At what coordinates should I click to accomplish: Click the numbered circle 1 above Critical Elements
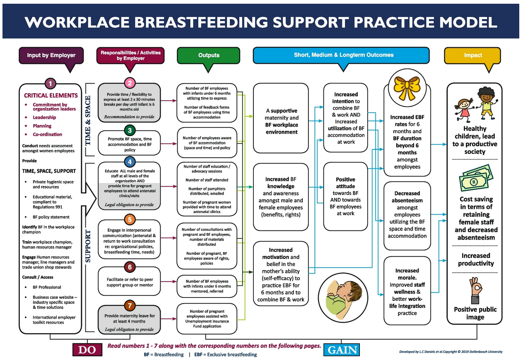[50, 84]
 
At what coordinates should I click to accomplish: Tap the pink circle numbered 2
[130, 84]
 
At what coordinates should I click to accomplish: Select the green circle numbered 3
[130, 131]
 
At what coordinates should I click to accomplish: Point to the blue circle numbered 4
[130, 162]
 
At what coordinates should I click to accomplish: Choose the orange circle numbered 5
[130, 219]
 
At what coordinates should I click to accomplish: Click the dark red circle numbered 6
[130, 267]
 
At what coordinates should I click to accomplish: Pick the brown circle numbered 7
[130, 306]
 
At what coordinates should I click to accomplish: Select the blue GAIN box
[342, 350]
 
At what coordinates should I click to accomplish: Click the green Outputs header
[208, 55]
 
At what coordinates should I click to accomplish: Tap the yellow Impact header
[473, 55]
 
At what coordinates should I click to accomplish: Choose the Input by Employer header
[51, 55]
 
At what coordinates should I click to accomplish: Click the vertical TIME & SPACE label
[88, 121]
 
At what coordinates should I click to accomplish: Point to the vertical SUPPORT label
[88, 246]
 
